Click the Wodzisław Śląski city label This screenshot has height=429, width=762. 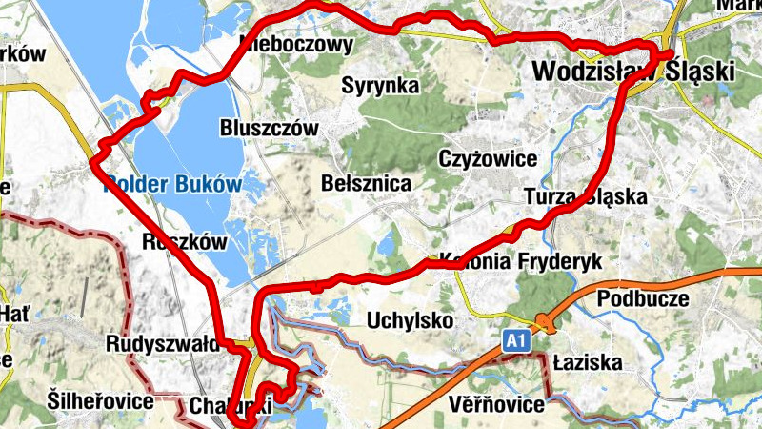(632, 71)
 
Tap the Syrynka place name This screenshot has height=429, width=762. (381, 86)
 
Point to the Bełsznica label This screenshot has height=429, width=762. (367, 182)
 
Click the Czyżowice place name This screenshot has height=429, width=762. (489, 157)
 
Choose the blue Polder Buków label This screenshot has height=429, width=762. (171, 184)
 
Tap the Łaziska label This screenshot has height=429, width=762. (587, 363)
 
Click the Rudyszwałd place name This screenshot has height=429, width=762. (165, 343)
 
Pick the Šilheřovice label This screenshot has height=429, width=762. (99, 401)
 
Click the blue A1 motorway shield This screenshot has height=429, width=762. (515, 340)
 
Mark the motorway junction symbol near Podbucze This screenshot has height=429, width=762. (543, 322)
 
